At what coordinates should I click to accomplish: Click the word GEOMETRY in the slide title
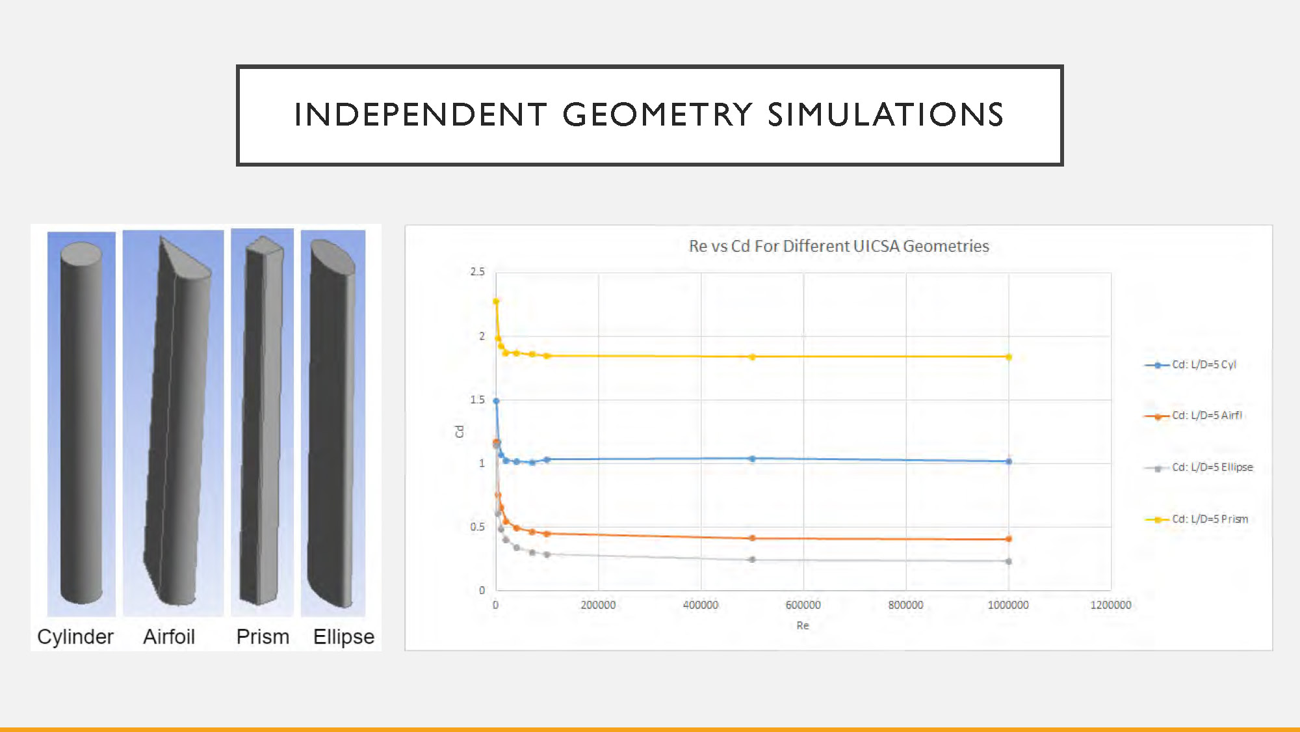(x=657, y=115)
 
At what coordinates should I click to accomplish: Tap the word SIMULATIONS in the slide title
(x=886, y=115)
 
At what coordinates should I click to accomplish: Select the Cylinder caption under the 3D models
(x=75, y=636)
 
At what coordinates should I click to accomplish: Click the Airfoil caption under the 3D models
(x=169, y=636)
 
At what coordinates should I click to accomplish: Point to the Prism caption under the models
(x=263, y=636)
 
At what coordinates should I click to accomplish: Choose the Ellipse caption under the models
(x=344, y=637)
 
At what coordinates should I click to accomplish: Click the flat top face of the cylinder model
(x=81, y=252)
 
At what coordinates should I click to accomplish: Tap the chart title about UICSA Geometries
(x=838, y=246)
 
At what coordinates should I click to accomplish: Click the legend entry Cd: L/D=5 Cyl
(x=1190, y=364)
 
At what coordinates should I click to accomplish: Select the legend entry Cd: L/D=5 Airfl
(x=1193, y=415)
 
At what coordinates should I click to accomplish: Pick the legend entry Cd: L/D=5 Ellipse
(x=1198, y=467)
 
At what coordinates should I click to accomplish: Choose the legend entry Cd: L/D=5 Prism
(x=1196, y=519)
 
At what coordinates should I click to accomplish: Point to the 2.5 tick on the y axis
(x=478, y=271)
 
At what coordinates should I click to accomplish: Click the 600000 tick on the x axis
(x=803, y=604)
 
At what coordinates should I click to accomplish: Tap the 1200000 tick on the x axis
(x=1111, y=604)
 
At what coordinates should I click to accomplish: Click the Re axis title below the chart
(x=803, y=625)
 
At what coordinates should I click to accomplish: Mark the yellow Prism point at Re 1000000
(x=1009, y=357)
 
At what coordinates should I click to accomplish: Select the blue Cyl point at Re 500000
(x=752, y=459)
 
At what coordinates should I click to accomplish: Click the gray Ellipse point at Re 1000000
(x=1009, y=561)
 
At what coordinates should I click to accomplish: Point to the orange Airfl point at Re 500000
(x=752, y=538)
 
